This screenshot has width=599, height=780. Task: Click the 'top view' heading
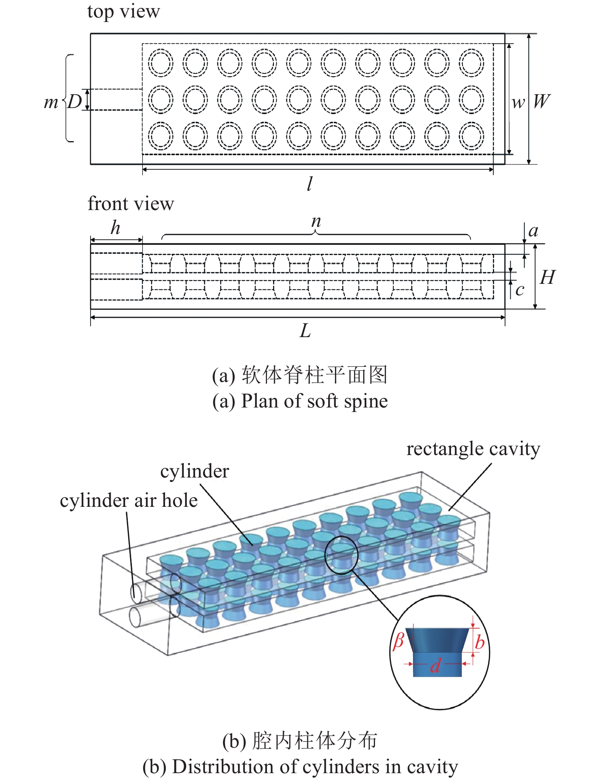124,11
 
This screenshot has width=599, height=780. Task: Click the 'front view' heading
130,204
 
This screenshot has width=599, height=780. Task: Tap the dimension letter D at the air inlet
75,102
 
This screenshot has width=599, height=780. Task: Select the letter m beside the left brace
51,102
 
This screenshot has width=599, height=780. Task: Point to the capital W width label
541,101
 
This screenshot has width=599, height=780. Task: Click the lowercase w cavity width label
518,102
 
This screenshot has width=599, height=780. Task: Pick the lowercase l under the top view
310,183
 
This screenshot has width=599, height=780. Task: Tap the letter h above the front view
116,228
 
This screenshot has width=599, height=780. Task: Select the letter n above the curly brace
316,221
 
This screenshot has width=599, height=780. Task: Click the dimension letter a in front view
534,231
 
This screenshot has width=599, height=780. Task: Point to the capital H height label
548,277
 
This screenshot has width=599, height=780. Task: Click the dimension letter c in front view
520,290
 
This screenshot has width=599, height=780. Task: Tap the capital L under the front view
305,330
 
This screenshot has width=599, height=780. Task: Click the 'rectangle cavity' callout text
473,449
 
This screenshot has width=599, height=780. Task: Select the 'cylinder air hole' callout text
129,500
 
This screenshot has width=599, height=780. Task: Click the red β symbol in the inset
398,641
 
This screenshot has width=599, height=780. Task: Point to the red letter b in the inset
480,642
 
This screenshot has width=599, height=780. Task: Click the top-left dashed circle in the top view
160,63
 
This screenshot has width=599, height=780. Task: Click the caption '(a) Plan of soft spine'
300,401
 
